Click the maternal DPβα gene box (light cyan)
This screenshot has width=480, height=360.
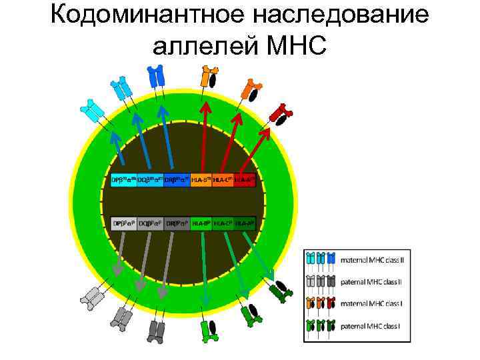click(123, 180)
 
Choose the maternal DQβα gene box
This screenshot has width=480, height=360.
click(150, 180)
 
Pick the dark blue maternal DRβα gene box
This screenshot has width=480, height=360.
click(177, 180)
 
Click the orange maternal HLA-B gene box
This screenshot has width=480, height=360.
click(201, 180)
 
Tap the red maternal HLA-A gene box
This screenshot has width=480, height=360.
click(245, 180)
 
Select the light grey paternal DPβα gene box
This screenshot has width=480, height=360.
click(124, 223)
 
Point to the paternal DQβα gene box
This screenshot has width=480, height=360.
click(150, 223)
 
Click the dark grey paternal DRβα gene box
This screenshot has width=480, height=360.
click(177, 223)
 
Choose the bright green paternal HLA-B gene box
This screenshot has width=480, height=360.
click(201, 223)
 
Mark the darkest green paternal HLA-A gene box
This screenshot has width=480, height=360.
click(245, 223)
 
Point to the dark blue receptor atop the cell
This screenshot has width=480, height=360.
click(156, 75)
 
